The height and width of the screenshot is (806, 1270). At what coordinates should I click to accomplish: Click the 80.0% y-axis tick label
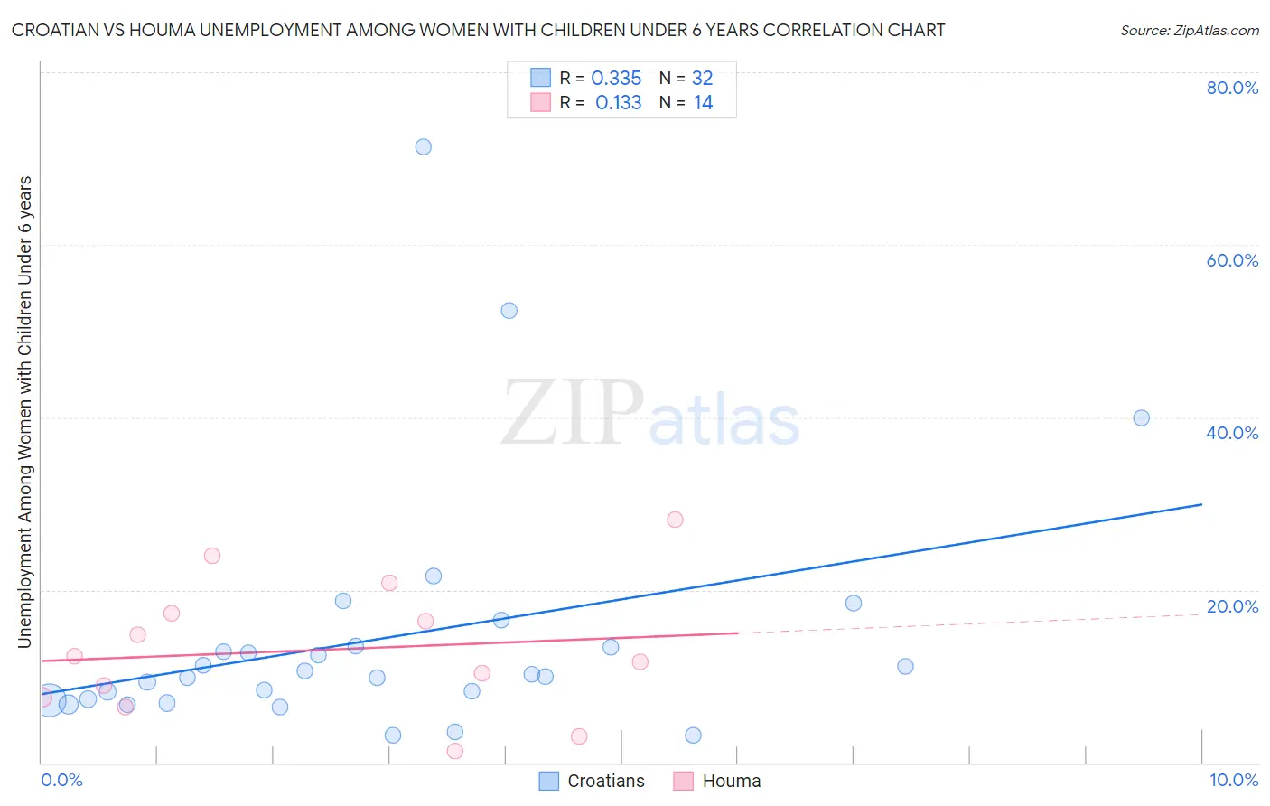pyautogui.click(x=1232, y=88)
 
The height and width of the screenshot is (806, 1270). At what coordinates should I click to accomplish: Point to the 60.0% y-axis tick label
pyautogui.click(x=1232, y=260)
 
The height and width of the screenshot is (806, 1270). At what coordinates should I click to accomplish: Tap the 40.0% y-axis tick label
pyautogui.click(x=1232, y=433)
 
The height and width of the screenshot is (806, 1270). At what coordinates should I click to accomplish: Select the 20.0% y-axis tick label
pyautogui.click(x=1232, y=606)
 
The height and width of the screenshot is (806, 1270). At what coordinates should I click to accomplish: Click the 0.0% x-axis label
pyautogui.click(x=61, y=780)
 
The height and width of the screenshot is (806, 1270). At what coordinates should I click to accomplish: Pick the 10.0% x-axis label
pyautogui.click(x=1233, y=780)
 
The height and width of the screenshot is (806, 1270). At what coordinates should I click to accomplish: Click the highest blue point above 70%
pyautogui.click(x=423, y=146)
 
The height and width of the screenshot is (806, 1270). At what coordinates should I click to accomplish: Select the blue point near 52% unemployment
pyautogui.click(x=509, y=310)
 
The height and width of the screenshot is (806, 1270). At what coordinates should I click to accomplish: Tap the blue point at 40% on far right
pyautogui.click(x=1141, y=417)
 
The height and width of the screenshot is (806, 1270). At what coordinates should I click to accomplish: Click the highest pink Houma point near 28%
pyautogui.click(x=675, y=520)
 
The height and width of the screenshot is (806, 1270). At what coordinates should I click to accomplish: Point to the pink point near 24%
pyautogui.click(x=212, y=556)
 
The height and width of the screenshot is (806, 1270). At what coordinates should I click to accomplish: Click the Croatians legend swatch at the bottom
pyautogui.click(x=548, y=781)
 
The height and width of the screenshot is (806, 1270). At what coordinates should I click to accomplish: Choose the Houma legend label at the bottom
pyautogui.click(x=732, y=781)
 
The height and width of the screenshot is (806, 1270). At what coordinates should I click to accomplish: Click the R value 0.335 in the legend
pyautogui.click(x=616, y=79)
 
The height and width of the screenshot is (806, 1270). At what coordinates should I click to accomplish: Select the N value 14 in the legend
pyautogui.click(x=703, y=103)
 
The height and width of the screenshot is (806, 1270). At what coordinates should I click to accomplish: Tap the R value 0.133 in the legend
pyautogui.click(x=618, y=103)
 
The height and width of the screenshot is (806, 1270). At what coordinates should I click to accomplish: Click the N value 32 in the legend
pyautogui.click(x=702, y=79)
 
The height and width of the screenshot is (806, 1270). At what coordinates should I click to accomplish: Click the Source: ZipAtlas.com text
pyautogui.click(x=1189, y=30)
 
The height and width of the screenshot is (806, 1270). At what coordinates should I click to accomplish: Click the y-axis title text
pyautogui.click(x=25, y=411)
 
